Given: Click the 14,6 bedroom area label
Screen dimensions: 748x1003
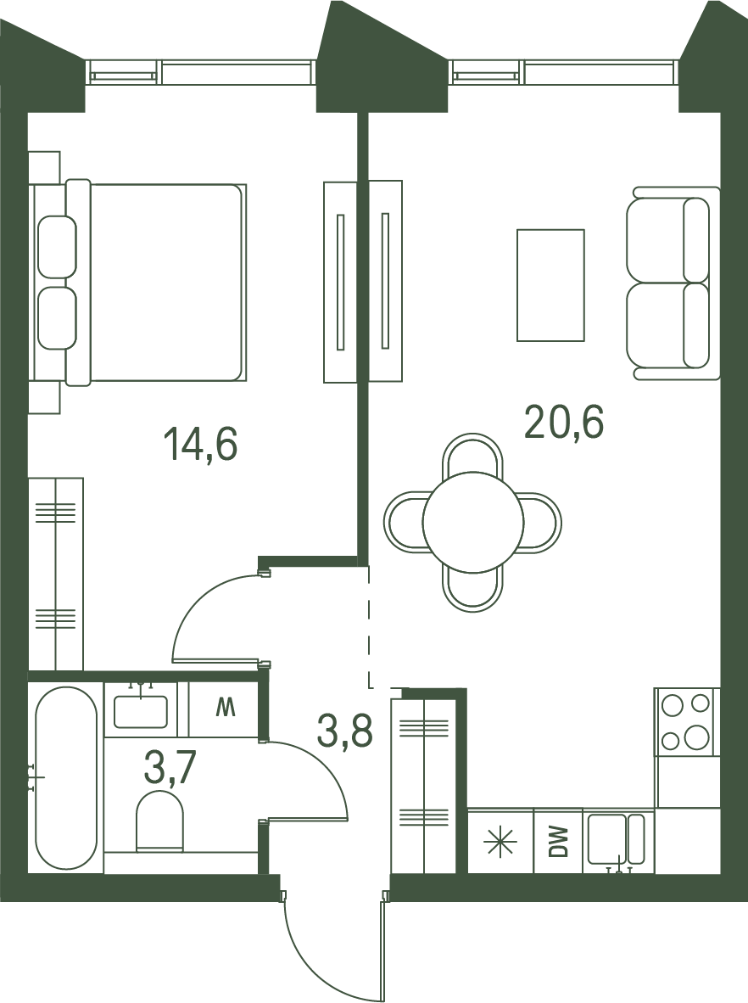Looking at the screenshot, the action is [201, 445].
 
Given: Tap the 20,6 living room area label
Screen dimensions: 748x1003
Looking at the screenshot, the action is [564, 423].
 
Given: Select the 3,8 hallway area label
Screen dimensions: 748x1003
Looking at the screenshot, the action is [344, 731].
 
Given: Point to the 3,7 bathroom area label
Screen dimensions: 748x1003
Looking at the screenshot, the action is [170, 768].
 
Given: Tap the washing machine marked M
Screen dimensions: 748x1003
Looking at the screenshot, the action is [224, 709].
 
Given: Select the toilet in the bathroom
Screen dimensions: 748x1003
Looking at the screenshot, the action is [159, 821].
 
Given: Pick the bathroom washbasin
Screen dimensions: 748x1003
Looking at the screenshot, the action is [141, 711].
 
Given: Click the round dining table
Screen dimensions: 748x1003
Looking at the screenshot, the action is [474, 521].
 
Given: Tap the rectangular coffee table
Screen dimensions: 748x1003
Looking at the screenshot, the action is [550, 284].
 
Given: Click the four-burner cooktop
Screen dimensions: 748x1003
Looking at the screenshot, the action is [687, 721].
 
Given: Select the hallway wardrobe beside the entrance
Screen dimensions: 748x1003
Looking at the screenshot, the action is [422, 787].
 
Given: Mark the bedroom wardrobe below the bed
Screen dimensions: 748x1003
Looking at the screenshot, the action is [56, 574].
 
